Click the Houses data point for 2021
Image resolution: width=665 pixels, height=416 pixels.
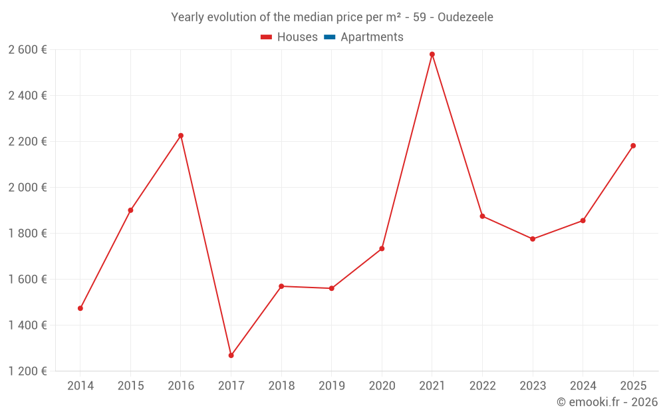tap(432, 55)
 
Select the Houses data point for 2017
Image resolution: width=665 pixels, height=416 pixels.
tap(231, 355)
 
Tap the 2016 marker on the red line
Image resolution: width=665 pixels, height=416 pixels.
tap(181, 136)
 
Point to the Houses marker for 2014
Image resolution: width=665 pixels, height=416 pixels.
tap(80, 308)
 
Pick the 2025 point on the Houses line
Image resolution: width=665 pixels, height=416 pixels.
tap(633, 146)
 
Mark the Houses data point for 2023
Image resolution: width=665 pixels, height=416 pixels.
tap(533, 239)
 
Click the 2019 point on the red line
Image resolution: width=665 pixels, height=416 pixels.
tap(332, 288)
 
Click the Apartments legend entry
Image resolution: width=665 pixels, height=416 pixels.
tap(372, 37)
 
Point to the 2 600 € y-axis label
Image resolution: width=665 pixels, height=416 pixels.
tap(27, 49)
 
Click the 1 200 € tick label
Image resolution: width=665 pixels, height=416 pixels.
tap(27, 371)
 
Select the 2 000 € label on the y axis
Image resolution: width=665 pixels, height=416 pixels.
tap(27, 187)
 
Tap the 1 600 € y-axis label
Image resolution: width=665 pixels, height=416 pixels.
tap(27, 279)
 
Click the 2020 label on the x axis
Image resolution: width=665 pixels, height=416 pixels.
tap(382, 386)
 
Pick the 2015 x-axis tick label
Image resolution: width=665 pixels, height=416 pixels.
tap(130, 386)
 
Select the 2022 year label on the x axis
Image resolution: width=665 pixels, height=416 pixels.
tap(482, 386)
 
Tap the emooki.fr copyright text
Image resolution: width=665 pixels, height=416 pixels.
tap(606, 402)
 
